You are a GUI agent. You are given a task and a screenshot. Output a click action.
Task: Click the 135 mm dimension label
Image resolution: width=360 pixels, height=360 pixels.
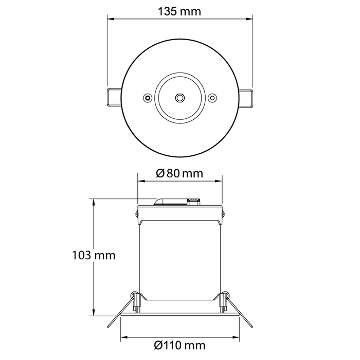click(x=180, y=11)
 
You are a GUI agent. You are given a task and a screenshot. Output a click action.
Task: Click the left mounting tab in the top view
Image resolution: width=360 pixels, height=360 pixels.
click(x=114, y=98)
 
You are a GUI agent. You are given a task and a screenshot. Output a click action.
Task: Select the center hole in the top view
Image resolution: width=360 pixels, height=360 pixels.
click(x=180, y=97)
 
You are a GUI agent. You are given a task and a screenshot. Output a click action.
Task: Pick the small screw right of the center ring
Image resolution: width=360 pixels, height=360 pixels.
click(x=212, y=97)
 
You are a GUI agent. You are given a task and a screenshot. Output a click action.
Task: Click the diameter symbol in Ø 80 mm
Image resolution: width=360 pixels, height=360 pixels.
click(x=160, y=173)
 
